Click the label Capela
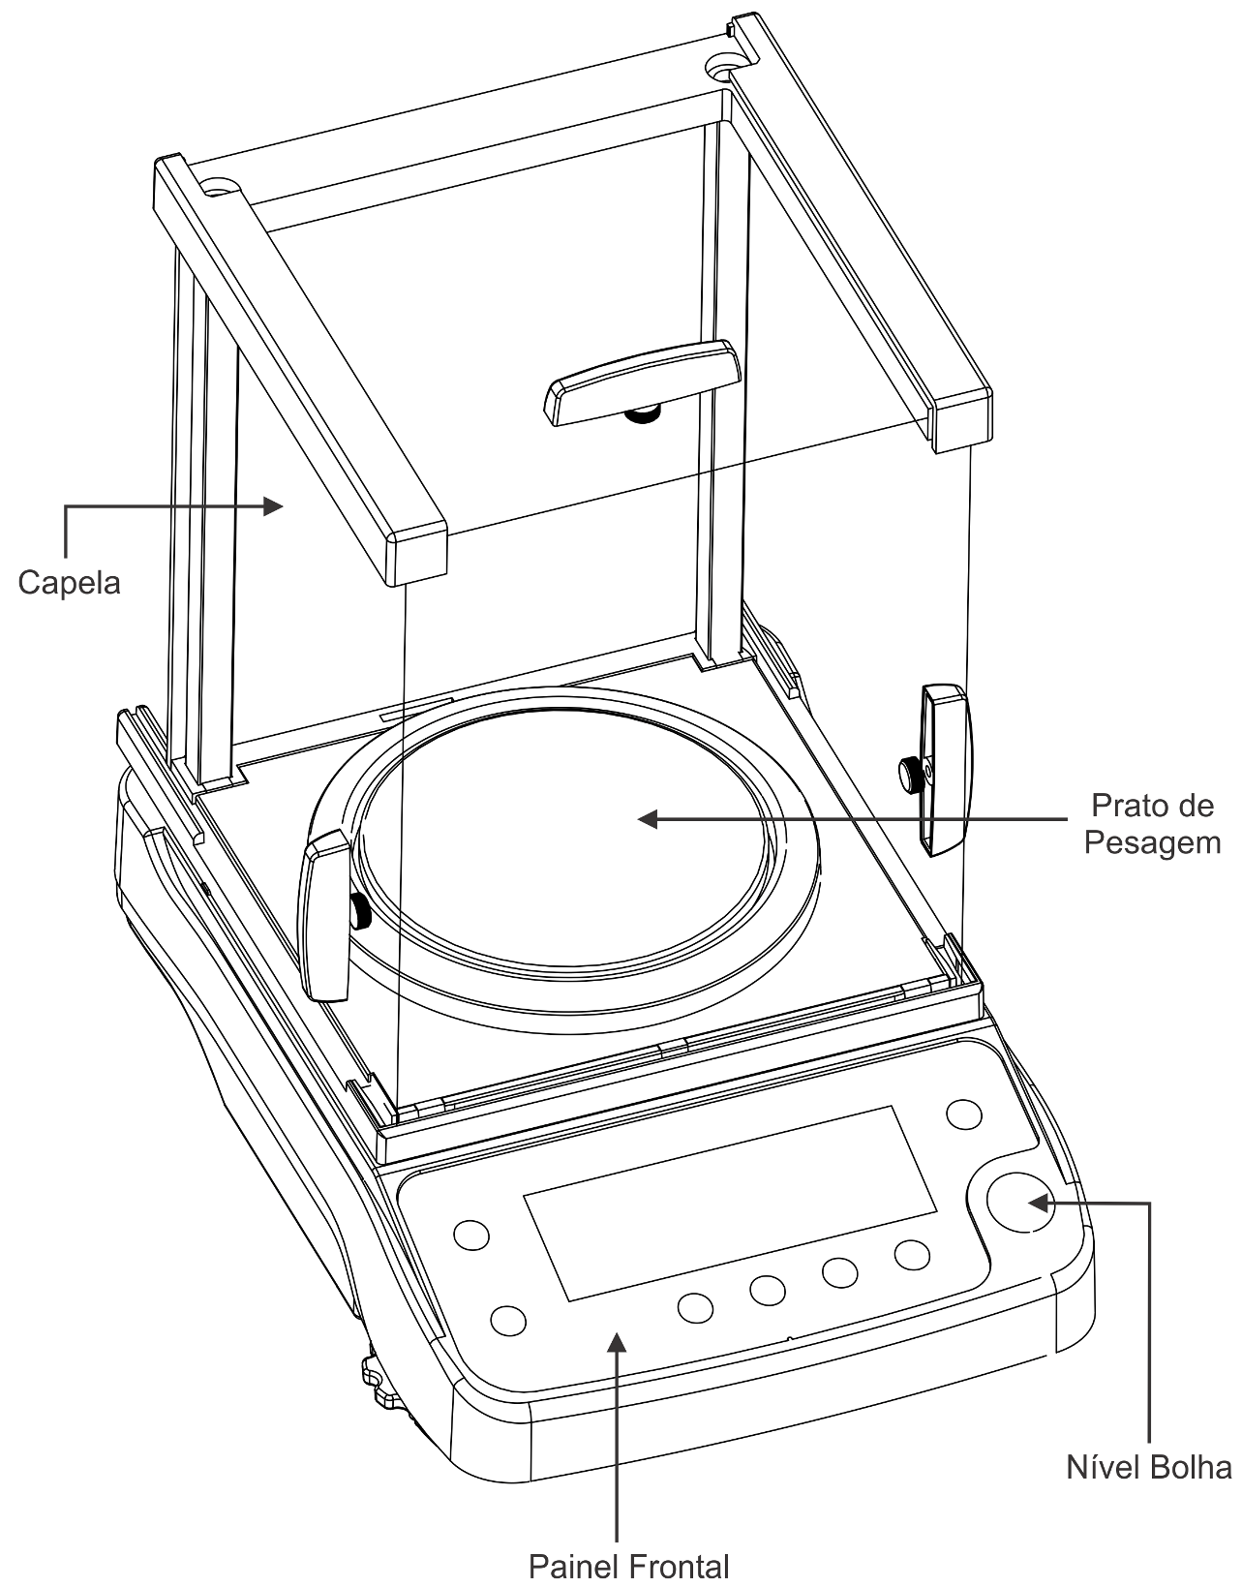(x=69, y=584)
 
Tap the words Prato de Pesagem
(x=1151, y=824)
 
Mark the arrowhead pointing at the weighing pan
(x=648, y=819)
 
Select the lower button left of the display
(x=508, y=1320)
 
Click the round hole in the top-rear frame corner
(x=720, y=71)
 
